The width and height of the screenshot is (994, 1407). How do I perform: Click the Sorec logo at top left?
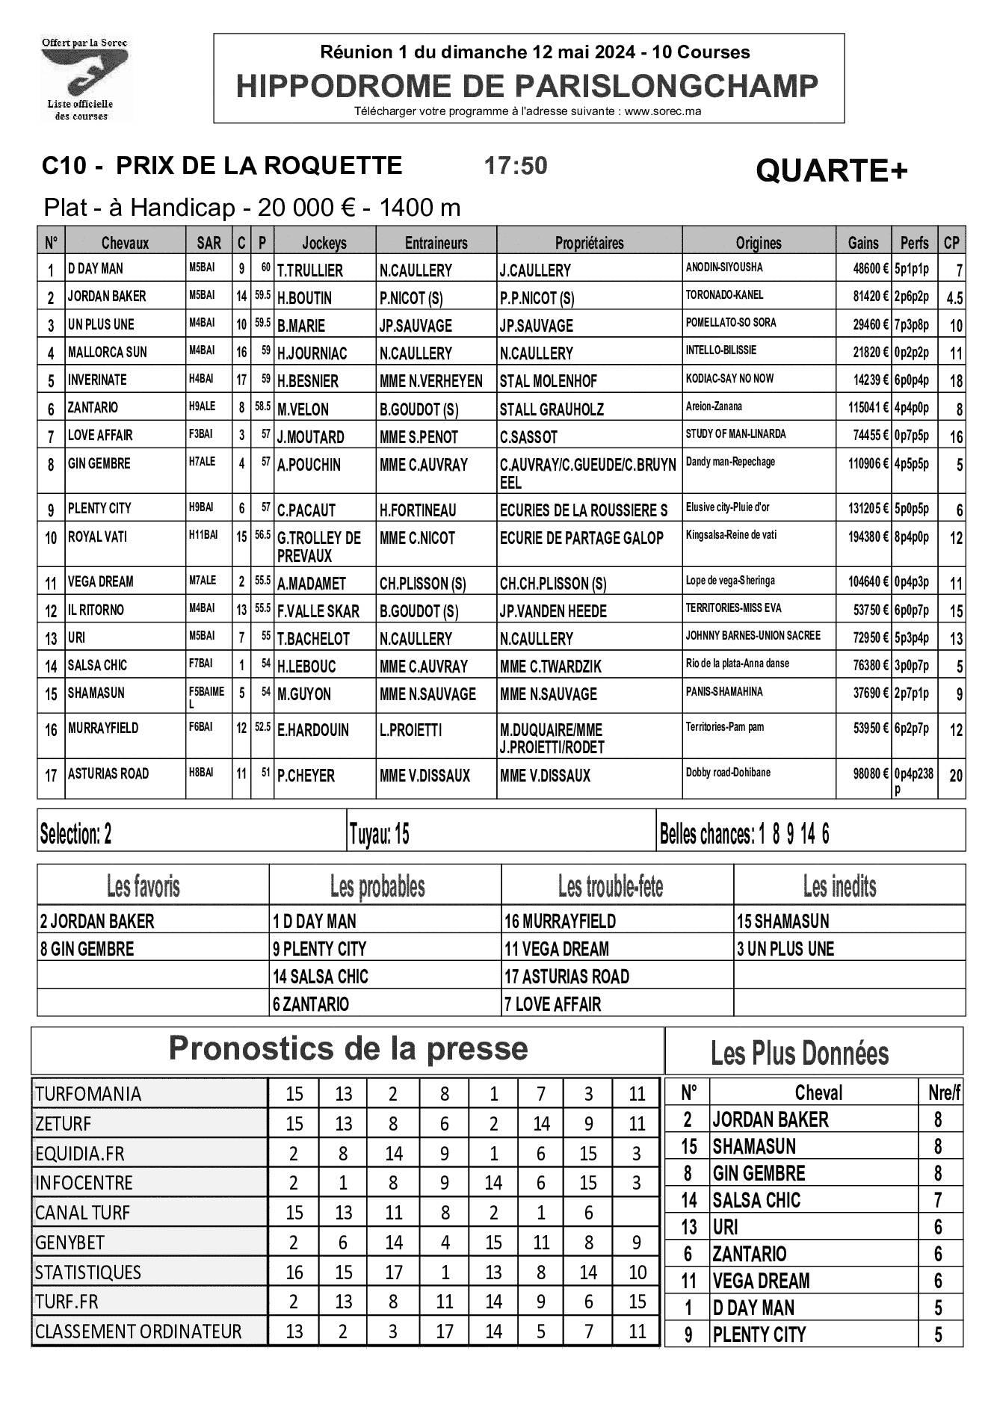click(x=84, y=78)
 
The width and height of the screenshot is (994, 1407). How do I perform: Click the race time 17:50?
click(x=516, y=166)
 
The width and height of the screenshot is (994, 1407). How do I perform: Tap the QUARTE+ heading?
click(x=831, y=172)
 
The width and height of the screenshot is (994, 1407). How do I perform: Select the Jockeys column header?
click(x=324, y=243)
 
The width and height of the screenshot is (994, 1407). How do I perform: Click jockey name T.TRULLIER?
click(x=310, y=270)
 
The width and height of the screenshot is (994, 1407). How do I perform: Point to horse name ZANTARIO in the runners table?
click(x=93, y=408)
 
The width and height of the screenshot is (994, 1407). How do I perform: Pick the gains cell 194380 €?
click(x=863, y=538)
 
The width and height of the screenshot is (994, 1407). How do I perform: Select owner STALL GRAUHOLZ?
click(x=552, y=409)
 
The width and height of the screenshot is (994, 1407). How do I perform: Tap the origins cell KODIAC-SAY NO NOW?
click(x=729, y=379)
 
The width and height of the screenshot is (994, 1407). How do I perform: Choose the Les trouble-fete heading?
click(x=610, y=887)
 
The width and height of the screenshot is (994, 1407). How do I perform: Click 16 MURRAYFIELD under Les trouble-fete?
click(x=560, y=921)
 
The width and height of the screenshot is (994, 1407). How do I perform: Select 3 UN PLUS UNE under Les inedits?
click(x=785, y=949)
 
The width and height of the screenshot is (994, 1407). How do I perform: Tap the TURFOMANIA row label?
click(x=87, y=1094)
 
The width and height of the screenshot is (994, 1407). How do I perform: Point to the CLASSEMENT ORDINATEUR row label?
click(x=138, y=1332)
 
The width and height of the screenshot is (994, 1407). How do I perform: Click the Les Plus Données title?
click(x=800, y=1054)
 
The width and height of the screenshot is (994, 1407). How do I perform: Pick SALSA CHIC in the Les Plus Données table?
click(x=756, y=1201)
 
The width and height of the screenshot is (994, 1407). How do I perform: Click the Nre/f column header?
click(x=944, y=1093)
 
